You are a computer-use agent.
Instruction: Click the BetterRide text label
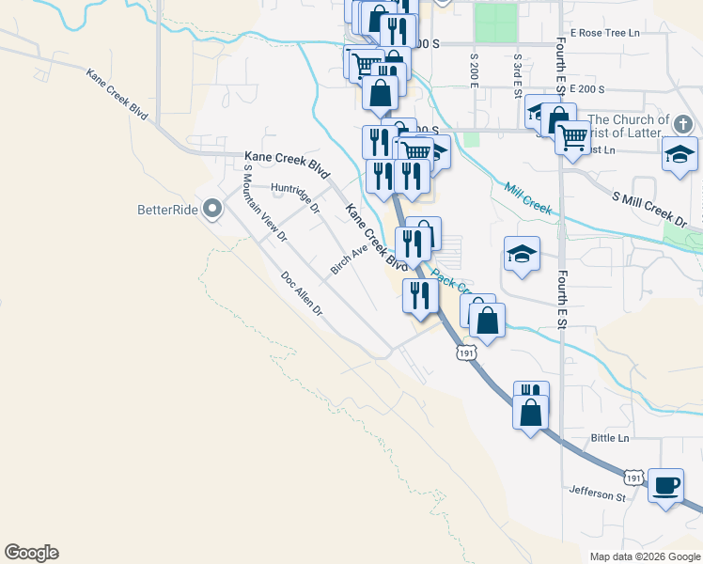[x=167, y=210]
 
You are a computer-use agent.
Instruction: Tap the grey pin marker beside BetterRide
[x=212, y=209]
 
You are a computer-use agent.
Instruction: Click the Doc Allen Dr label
[x=301, y=292]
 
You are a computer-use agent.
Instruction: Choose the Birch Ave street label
[x=347, y=260]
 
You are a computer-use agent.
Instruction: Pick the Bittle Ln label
[x=610, y=438]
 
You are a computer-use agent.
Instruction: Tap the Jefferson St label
[x=597, y=493]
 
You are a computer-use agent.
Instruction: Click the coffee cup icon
[x=666, y=485]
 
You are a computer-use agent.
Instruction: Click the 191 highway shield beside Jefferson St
[x=634, y=478]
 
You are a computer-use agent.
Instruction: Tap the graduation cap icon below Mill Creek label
[x=522, y=254]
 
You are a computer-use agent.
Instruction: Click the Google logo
[x=31, y=553]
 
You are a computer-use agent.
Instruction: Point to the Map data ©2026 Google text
[x=644, y=556]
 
